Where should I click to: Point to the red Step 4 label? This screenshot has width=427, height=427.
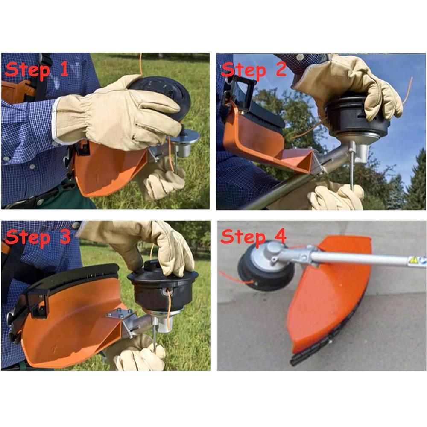tap(254, 236)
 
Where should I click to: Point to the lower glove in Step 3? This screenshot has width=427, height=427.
tap(137, 354)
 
